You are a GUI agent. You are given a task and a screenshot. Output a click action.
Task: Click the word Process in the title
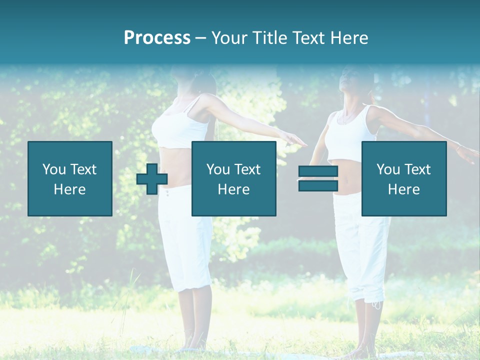pos(157,38)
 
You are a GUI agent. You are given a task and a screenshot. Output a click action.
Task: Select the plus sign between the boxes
pos(152,179)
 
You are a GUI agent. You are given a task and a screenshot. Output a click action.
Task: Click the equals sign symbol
pos(318,178)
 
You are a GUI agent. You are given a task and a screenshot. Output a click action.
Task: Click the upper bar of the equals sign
pos(318,172)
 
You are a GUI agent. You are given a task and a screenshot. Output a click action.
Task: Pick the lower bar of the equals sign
pos(318,185)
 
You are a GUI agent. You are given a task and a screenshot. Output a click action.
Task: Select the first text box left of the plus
pos(70,178)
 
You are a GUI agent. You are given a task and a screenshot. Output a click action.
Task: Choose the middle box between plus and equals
pos(234,178)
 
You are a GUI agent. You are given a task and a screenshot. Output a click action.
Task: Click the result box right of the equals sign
pos(404,178)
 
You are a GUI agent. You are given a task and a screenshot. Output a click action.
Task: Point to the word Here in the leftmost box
pos(70,189)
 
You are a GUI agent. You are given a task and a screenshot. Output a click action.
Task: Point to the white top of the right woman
pos(350,132)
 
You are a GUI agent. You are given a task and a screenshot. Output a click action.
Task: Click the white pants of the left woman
pos(185,240)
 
